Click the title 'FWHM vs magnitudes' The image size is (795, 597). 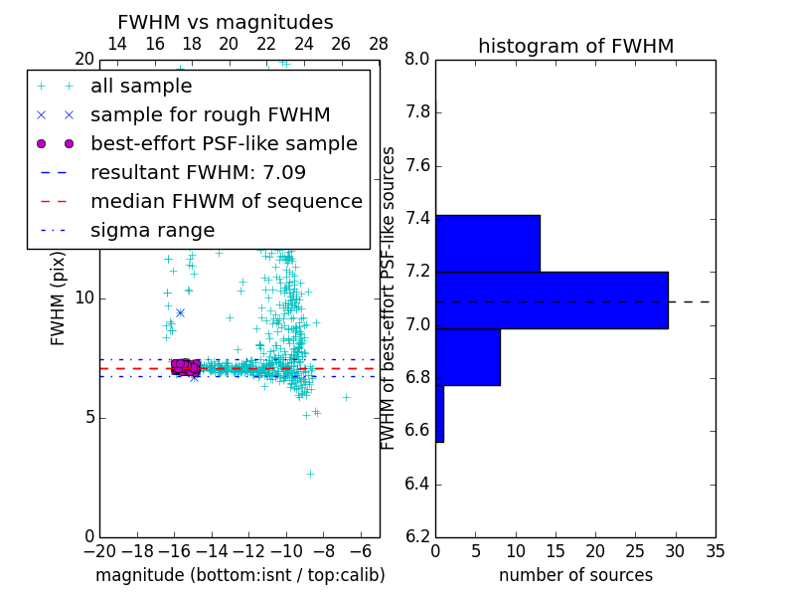click(226, 23)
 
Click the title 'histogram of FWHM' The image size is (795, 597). click(575, 47)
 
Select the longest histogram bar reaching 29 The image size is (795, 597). click(552, 299)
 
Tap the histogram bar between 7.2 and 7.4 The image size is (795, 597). click(487, 243)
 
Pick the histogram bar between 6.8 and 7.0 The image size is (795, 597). click(467, 356)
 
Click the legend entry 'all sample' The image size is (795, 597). click(141, 87)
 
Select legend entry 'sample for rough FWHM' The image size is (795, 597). click(210, 114)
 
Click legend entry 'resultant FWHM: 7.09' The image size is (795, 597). click(198, 172)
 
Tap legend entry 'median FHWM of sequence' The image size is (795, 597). click(226, 201)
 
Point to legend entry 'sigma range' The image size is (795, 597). click(152, 230)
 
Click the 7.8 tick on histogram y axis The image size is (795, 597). click(416, 112)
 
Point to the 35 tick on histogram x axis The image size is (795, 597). click(715, 550)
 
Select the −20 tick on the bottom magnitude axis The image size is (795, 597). click(99, 550)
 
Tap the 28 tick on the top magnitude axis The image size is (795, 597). click(379, 44)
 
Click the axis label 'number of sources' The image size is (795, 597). click(575, 575)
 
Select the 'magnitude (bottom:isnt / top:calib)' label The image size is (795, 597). click(239, 575)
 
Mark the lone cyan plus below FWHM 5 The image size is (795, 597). click(310, 474)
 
